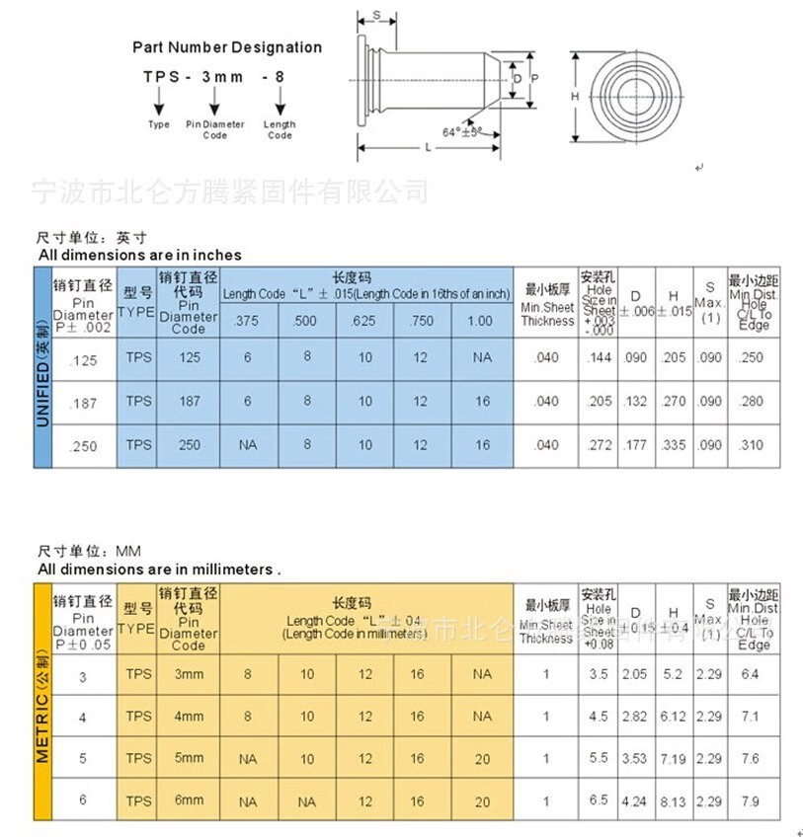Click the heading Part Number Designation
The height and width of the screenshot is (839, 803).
pos(227,47)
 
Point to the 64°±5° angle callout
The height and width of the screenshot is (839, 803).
pos(463,131)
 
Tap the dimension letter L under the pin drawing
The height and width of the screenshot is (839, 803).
pos(427,147)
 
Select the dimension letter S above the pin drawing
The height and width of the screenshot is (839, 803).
pos(376,14)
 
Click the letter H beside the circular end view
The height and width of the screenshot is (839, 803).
pos(574,97)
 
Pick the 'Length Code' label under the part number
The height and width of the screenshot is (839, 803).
pos(280,129)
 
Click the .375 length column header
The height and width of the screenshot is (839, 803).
pos(248,321)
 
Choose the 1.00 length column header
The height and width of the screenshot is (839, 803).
pos(482,321)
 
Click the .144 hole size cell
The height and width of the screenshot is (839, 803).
pos(599,357)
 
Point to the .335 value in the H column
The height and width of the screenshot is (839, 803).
pos(674,445)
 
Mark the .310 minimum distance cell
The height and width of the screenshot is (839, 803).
pos(753,445)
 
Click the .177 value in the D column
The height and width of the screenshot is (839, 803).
pos(635,445)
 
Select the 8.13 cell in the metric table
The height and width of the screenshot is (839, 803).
pos(674,801)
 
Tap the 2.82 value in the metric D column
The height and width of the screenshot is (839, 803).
pos(635,717)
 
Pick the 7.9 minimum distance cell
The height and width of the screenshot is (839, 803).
pos(753,801)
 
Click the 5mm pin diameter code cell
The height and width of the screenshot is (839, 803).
pos(189,758)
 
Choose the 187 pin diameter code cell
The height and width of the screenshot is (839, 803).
pos(189,401)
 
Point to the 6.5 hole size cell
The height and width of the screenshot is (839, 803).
pos(599,801)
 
